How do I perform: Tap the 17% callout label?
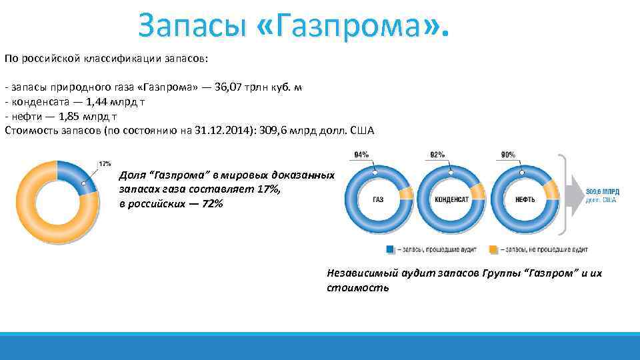pyautogui.click(x=105, y=163)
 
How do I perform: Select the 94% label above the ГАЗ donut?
pyautogui.click(x=362, y=155)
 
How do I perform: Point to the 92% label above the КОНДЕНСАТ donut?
pyautogui.click(x=437, y=155)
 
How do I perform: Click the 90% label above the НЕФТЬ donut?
pyautogui.click(x=508, y=155)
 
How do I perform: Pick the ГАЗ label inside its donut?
pyautogui.click(x=379, y=199)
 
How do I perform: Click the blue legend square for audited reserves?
pyautogui.click(x=389, y=249)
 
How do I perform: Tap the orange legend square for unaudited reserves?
pyautogui.click(x=494, y=249)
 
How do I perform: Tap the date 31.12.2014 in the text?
pyautogui.click(x=224, y=130)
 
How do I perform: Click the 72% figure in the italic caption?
pyautogui.click(x=211, y=203)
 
